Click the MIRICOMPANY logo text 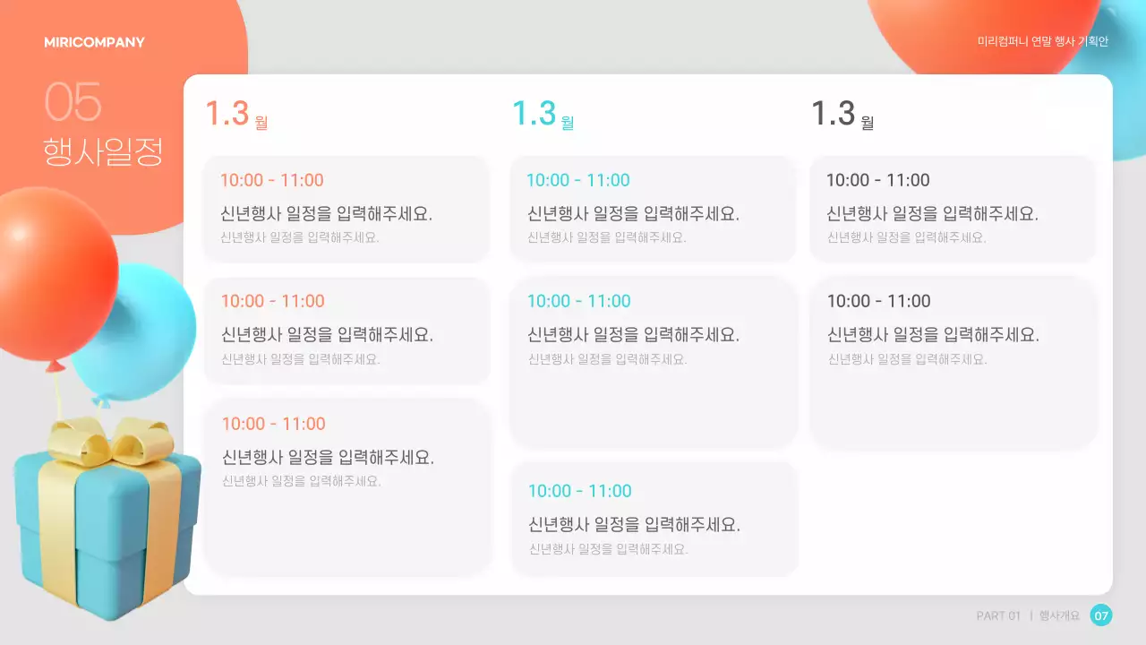(94, 42)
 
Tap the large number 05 (73, 102)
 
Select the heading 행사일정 (103, 151)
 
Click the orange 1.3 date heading (227, 114)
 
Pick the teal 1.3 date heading (534, 114)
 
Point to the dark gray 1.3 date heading (833, 114)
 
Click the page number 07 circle (1101, 615)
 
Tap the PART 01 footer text (998, 615)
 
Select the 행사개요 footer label (1059, 615)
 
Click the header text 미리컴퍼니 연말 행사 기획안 (1043, 42)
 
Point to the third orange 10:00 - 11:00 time (273, 424)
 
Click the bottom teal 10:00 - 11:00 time (579, 491)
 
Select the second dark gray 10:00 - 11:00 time (878, 301)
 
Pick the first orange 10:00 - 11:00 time (271, 180)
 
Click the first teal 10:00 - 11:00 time (577, 180)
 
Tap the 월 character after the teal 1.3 (567, 123)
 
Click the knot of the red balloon (56, 365)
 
